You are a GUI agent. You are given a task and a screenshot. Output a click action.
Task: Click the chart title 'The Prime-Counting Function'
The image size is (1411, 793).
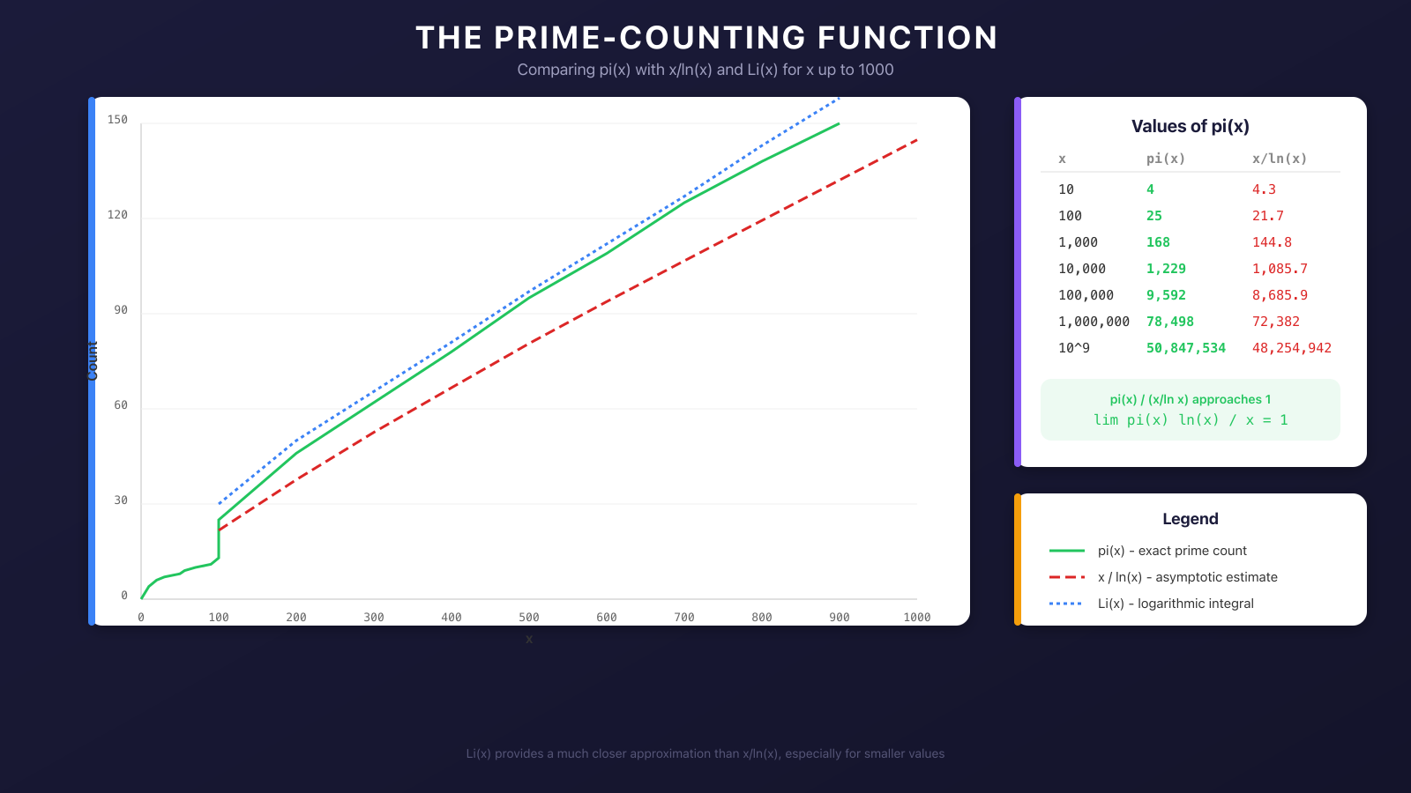click(705, 38)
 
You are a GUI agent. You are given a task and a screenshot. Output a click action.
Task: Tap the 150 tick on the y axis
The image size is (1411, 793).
click(117, 120)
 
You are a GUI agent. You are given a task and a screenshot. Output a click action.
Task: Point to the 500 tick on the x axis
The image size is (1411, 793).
click(529, 618)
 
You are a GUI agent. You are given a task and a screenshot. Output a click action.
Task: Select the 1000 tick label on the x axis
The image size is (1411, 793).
click(916, 618)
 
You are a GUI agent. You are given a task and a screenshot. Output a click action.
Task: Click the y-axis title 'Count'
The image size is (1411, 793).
click(93, 361)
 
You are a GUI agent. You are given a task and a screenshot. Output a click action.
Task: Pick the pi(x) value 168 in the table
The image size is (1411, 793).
click(1158, 242)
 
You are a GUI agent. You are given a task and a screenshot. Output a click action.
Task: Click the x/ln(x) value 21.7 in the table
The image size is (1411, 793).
click(1267, 216)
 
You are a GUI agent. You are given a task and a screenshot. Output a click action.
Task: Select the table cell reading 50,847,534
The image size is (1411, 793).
click(1185, 348)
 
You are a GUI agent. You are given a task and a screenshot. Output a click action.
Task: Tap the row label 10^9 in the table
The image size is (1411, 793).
click(1073, 348)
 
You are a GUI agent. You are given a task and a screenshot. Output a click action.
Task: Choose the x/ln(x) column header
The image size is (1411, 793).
click(1279, 159)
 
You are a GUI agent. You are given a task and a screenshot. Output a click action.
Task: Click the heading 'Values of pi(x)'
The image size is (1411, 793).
click(1190, 126)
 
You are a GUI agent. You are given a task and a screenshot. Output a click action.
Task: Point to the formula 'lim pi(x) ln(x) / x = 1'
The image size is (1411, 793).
click(1190, 420)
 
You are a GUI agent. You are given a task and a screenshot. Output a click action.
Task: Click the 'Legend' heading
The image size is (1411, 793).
click(1190, 519)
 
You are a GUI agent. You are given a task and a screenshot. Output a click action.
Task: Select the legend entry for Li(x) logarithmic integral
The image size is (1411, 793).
click(1175, 604)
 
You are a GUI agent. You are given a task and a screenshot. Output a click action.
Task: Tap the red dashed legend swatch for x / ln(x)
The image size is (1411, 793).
click(1066, 577)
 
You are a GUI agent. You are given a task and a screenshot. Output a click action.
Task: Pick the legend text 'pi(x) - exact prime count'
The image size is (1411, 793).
click(1171, 551)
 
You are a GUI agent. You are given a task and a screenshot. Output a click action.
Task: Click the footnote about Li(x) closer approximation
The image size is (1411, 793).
click(705, 753)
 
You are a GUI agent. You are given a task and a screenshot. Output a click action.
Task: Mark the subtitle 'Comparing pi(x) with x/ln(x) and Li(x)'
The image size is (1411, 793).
click(705, 70)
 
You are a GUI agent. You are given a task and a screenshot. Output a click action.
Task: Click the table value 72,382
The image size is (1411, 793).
click(1275, 322)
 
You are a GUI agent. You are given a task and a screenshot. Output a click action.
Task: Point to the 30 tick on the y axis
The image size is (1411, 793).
click(121, 500)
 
